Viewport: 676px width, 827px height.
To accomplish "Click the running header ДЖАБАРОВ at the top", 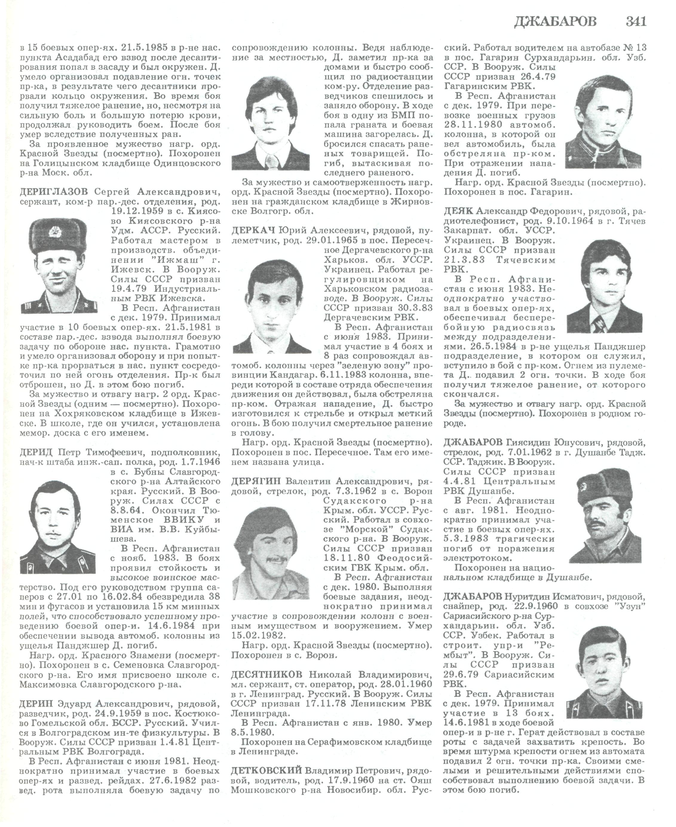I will coord(555,22).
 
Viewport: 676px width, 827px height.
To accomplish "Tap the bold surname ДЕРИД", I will coord(36,452).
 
